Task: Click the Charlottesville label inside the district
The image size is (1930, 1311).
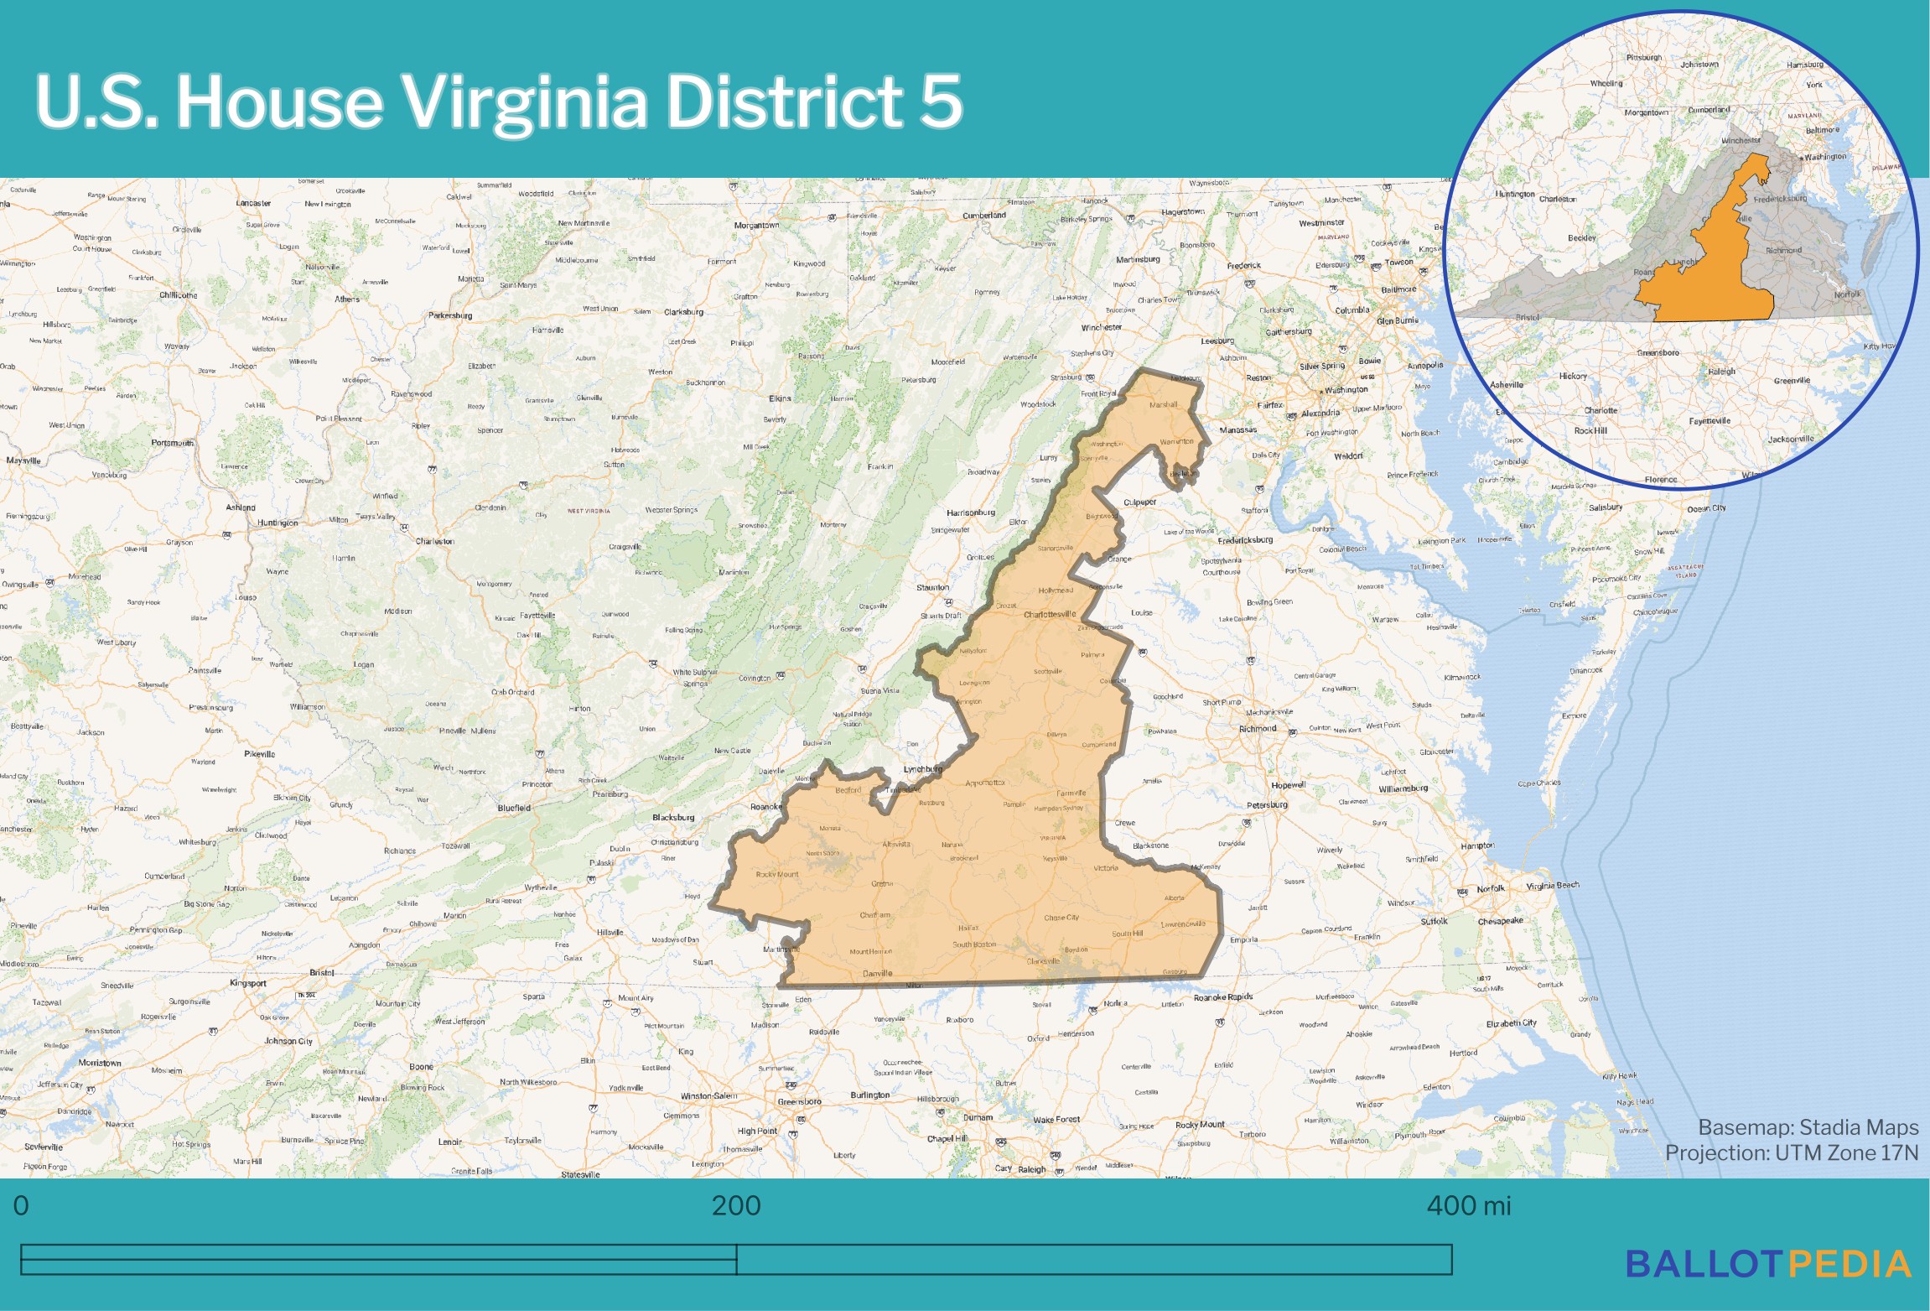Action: point(1049,614)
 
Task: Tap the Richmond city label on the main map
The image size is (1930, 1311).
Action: point(1258,728)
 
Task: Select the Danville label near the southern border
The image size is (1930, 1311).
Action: point(877,974)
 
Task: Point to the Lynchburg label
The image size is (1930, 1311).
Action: point(922,768)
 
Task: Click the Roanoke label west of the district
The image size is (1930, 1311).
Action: point(765,807)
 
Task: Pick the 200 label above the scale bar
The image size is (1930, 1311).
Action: point(735,1206)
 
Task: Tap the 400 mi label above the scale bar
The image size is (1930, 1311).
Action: point(1468,1206)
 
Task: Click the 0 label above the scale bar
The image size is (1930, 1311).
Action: point(21,1206)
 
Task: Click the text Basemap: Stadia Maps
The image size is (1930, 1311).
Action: point(1808,1127)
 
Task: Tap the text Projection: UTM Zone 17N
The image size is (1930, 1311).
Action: point(1791,1152)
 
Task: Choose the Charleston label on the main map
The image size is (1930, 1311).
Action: point(434,541)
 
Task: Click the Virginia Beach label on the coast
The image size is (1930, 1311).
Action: point(1552,886)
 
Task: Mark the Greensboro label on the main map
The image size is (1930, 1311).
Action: point(799,1101)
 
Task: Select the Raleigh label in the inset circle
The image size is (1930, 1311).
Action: point(1721,372)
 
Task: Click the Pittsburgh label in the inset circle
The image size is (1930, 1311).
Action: point(1643,58)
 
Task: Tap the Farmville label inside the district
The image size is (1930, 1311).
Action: point(1071,793)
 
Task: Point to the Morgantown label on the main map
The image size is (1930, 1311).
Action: point(756,225)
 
